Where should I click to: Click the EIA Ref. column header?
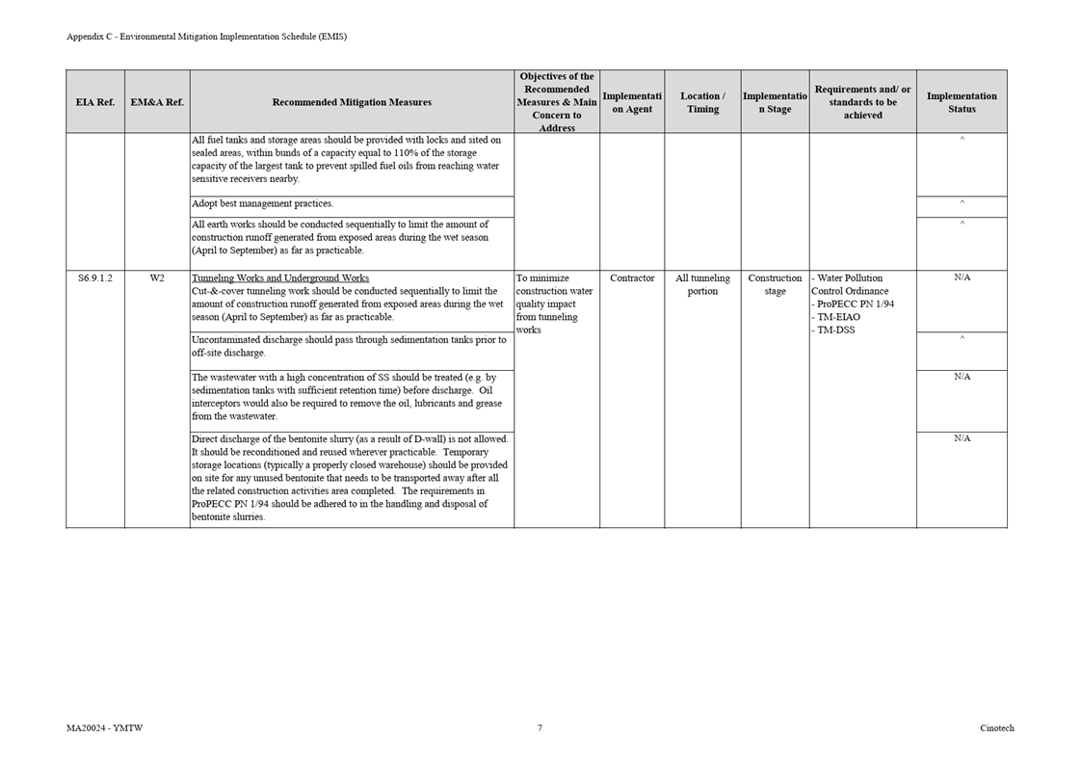(94, 102)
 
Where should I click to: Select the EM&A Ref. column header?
(157, 102)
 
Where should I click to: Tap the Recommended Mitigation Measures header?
(352, 102)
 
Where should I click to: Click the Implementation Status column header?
(962, 102)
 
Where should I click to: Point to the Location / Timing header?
(702, 102)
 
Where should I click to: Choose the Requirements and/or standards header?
(862, 102)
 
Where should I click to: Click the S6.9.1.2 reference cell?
(94, 278)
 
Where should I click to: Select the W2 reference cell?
(157, 278)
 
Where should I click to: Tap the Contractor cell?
(632, 278)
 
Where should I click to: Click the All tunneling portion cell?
(702, 284)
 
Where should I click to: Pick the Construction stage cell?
(775, 284)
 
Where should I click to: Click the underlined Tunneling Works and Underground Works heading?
(280, 278)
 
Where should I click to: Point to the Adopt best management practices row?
(262, 204)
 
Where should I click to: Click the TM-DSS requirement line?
(835, 330)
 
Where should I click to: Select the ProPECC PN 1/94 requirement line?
(855, 304)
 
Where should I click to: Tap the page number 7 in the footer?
(540, 728)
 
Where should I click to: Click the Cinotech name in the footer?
(996, 728)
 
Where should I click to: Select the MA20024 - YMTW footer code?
(104, 728)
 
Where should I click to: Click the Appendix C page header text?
(206, 37)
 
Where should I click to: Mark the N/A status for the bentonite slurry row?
(962, 438)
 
